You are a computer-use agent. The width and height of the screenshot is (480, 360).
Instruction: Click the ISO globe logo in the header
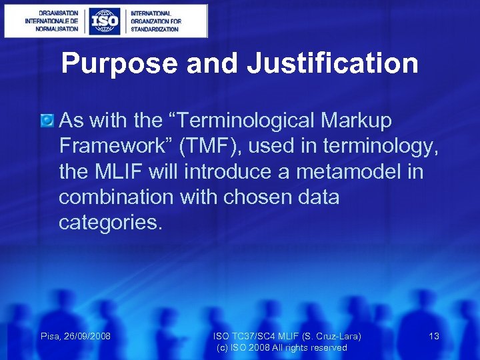coord(105,21)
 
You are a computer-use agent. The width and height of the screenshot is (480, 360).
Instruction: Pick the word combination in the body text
coord(113,197)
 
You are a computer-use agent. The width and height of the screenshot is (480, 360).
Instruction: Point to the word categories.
coord(110,222)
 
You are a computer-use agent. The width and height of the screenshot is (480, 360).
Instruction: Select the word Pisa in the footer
coord(51,336)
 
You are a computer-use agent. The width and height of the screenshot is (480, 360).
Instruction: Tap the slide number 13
coord(434,336)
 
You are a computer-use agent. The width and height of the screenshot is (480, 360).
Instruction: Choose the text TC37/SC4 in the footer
coord(253,336)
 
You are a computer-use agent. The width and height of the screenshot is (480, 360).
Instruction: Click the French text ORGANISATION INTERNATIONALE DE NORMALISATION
coord(51,21)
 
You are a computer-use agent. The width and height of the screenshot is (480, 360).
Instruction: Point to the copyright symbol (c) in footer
coord(223,347)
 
